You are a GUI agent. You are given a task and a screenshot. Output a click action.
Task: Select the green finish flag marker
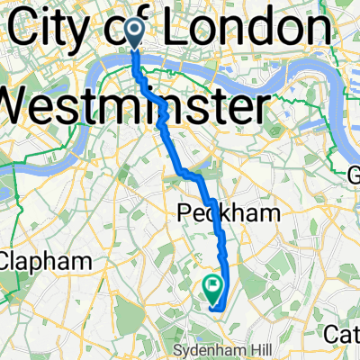[214, 288]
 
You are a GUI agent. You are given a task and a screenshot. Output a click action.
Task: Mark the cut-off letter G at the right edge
[353, 171]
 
